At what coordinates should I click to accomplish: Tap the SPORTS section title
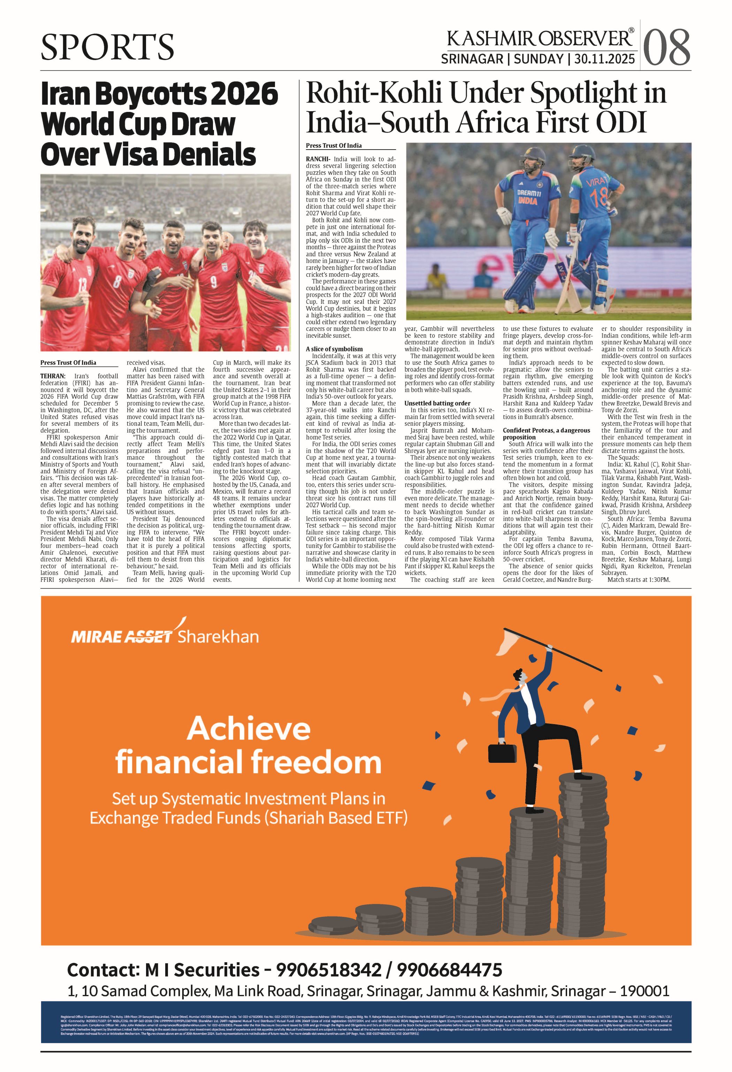tap(107, 47)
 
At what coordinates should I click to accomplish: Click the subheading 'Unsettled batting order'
tap(437, 403)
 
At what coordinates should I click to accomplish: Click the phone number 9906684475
tap(449, 970)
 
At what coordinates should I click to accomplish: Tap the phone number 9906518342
tap(328, 970)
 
